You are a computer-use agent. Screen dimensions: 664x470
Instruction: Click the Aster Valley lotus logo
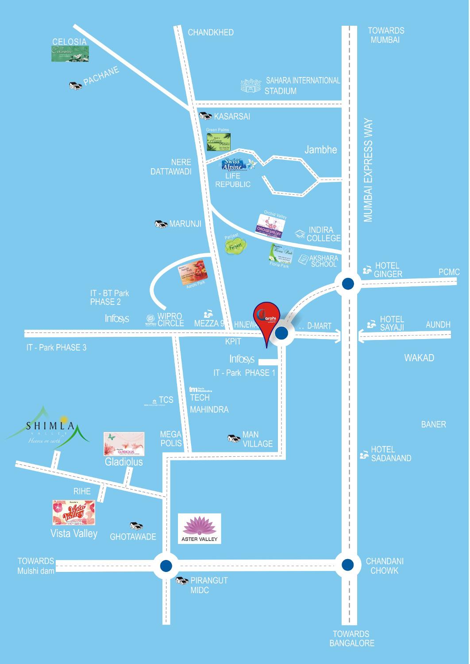click(199, 528)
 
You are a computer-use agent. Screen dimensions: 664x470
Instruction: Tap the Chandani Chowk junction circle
click(348, 565)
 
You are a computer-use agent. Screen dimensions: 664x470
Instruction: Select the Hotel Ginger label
click(388, 270)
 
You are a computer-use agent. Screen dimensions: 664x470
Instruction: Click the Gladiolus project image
click(124, 444)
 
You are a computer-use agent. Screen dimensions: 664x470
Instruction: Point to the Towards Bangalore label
click(351, 638)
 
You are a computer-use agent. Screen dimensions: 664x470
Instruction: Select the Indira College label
click(324, 234)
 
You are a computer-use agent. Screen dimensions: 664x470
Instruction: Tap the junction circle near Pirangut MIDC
click(166, 565)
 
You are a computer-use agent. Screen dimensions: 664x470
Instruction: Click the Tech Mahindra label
click(209, 403)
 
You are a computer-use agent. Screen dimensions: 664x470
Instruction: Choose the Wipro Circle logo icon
click(149, 320)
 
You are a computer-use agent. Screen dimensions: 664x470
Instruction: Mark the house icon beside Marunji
click(161, 224)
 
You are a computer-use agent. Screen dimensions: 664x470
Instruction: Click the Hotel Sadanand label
click(391, 454)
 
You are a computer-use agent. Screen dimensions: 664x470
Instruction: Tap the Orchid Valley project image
click(270, 224)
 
